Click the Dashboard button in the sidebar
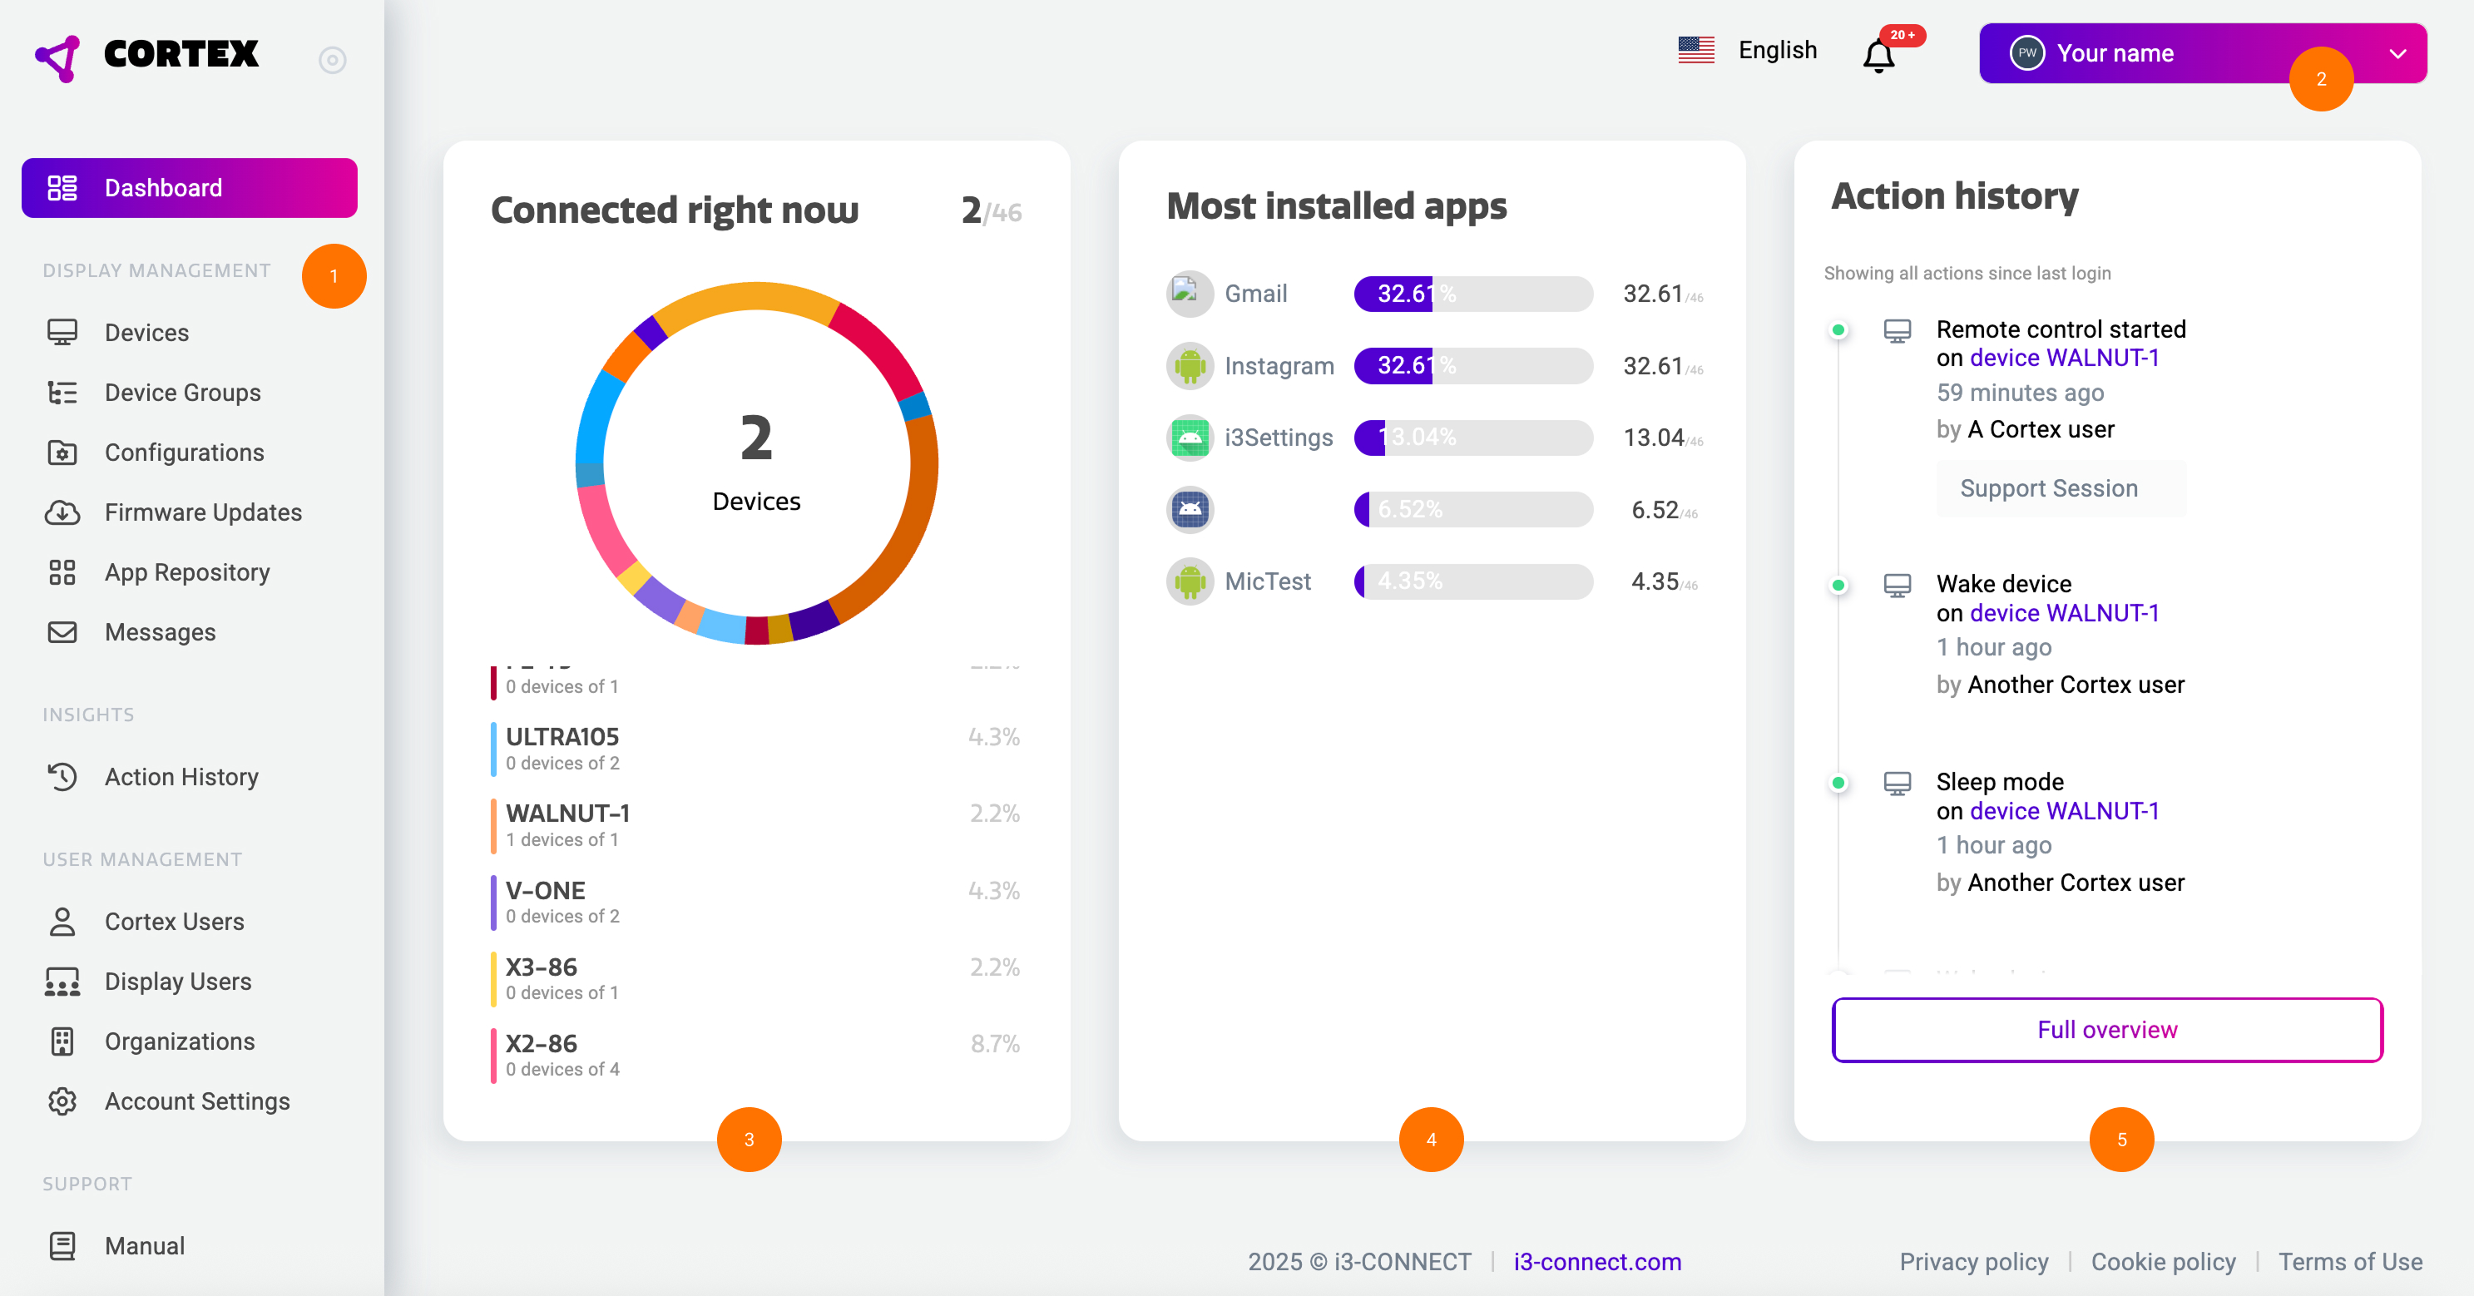(189, 187)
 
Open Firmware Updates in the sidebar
(203, 512)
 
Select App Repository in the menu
(186, 572)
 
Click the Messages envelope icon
(62, 632)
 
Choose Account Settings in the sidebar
(197, 1101)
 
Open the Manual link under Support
(144, 1245)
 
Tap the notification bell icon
(1878, 56)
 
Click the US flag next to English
(1696, 50)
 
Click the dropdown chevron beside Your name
(2397, 54)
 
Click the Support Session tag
(2049, 488)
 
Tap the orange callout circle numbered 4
(1431, 1140)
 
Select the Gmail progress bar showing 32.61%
(1472, 294)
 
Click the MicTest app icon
(1190, 581)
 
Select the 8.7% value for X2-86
(995, 1044)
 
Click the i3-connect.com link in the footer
(1597, 1261)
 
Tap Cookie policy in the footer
(2163, 1261)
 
